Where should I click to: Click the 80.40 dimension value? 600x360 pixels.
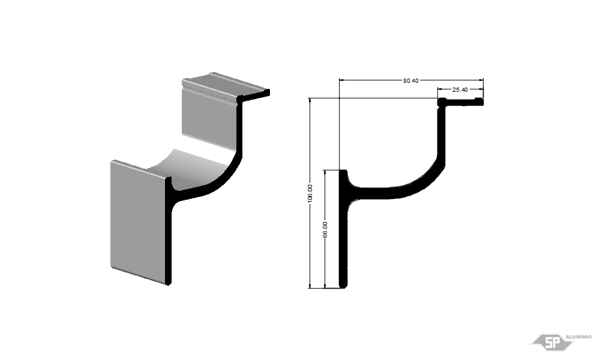(x=410, y=80)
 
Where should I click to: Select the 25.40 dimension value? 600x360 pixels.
(x=460, y=89)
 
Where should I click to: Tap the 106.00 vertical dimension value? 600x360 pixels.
(x=310, y=193)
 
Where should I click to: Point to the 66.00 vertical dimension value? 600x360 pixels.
(x=325, y=230)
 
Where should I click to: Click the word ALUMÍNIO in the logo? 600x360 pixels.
(x=578, y=337)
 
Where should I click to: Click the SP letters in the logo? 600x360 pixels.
(x=552, y=343)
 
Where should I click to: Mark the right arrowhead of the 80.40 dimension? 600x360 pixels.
(x=481, y=80)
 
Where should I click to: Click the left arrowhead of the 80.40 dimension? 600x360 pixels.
(x=342, y=80)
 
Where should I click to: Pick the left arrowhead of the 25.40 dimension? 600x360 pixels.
(x=440, y=89)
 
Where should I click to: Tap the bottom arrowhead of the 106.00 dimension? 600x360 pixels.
(x=310, y=286)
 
